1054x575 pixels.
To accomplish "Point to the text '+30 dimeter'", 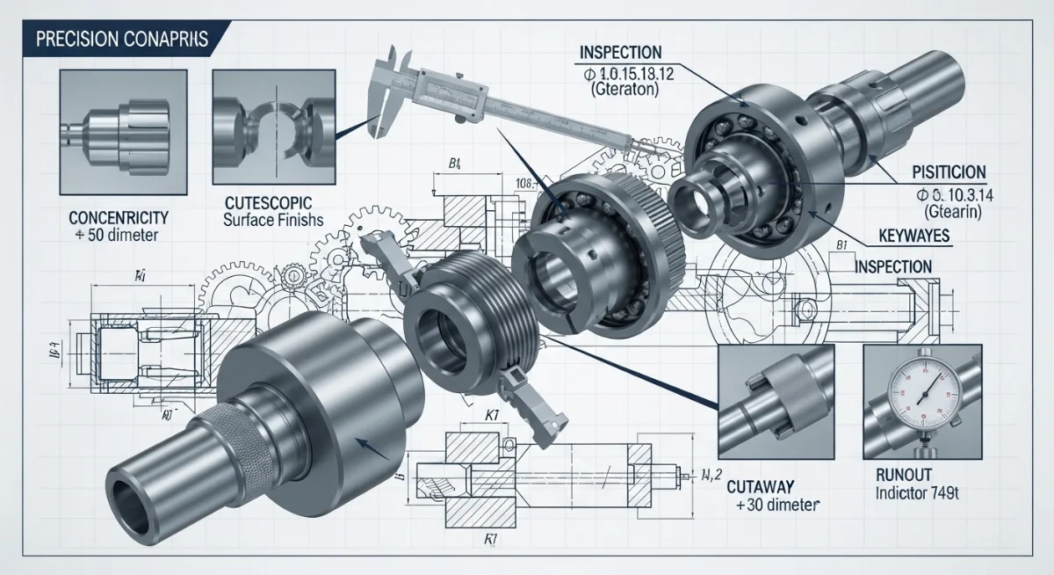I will pos(776,506).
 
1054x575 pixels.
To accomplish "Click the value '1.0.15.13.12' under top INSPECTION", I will pos(626,74).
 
